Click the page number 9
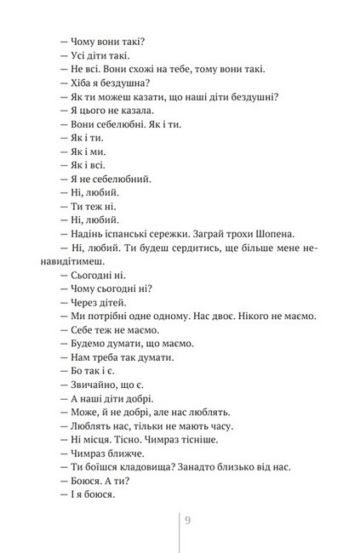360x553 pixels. point(187,521)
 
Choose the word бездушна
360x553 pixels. point(123,81)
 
